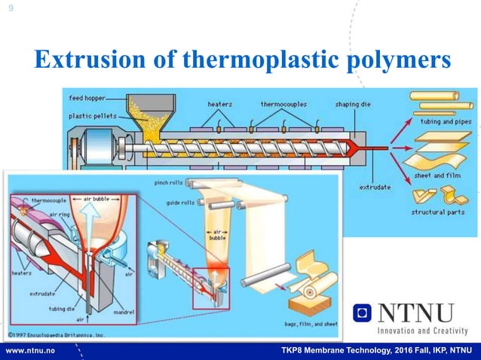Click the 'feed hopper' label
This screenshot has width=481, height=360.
[87, 98]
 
